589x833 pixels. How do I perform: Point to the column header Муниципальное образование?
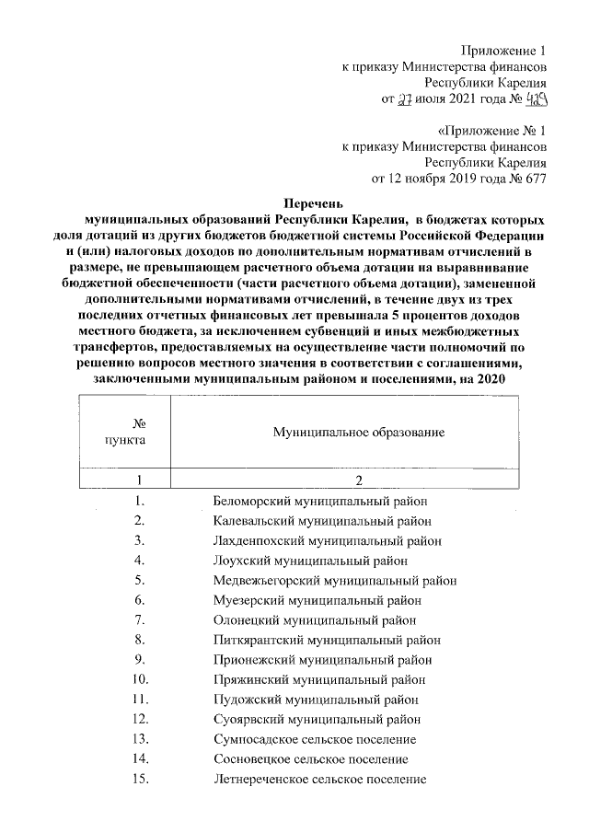coord(359,431)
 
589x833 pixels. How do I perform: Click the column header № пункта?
coord(126,431)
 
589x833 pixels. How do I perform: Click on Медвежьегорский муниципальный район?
coord(334,580)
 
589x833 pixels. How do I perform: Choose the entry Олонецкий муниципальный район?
coord(314,619)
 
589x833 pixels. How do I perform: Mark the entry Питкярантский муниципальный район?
coord(326,640)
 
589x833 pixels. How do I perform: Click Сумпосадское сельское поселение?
coord(313,739)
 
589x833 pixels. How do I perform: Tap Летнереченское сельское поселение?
coord(319,780)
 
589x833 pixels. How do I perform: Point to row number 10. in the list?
coord(141,680)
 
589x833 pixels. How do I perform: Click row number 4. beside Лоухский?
coord(141,561)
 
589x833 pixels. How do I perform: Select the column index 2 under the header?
coord(360,480)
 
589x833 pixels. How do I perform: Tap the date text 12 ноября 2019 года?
coord(444,179)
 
